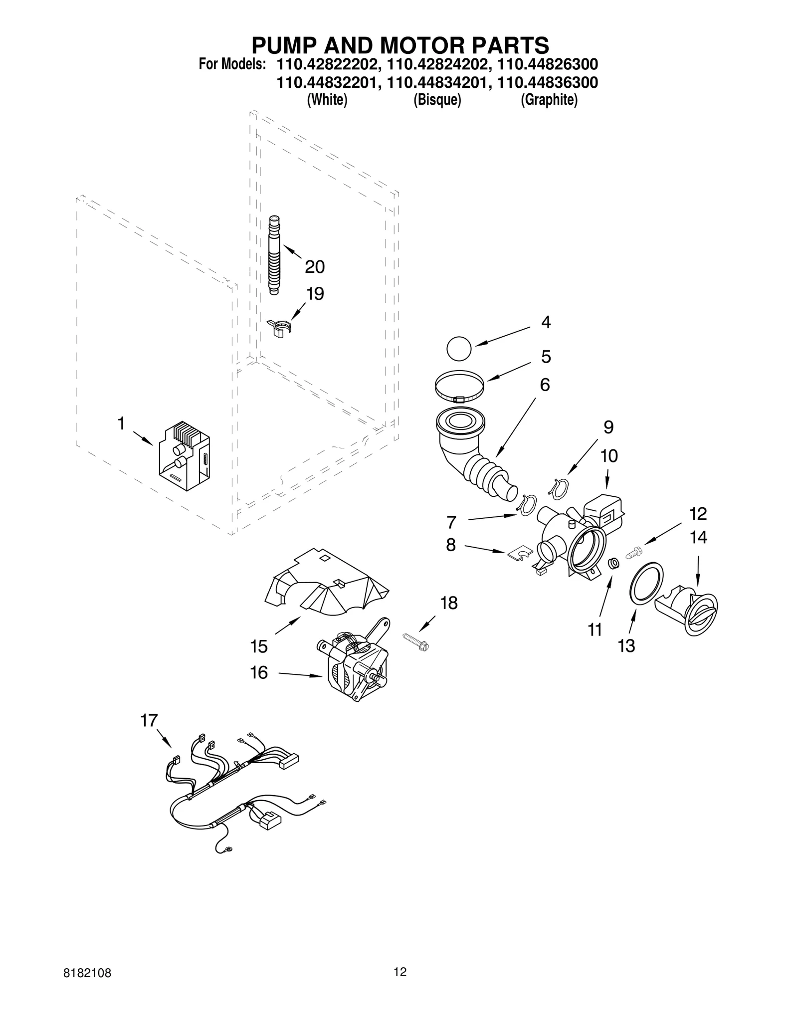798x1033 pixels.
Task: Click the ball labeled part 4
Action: (x=458, y=348)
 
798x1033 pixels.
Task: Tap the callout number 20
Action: (x=314, y=267)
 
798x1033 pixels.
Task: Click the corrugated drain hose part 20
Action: (x=274, y=255)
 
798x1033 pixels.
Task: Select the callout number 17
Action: (x=149, y=720)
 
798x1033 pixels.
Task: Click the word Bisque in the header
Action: (x=437, y=100)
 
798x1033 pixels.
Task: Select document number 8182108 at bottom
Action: (x=87, y=987)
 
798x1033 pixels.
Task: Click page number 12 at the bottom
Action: (x=400, y=986)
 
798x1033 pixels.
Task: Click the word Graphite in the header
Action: (x=549, y=100)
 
